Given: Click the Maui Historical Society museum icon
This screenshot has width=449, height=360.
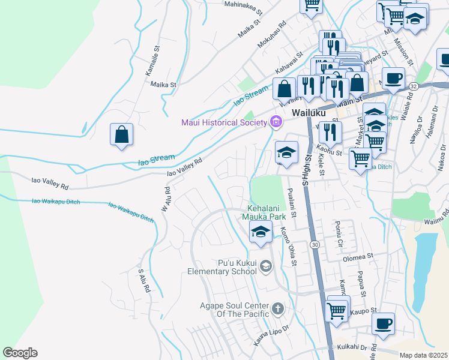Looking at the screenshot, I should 276,123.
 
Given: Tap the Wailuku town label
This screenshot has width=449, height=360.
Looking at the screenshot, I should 308,113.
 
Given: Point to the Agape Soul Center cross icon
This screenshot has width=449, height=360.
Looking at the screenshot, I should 277,309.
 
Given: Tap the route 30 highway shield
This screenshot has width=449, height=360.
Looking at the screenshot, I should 315,245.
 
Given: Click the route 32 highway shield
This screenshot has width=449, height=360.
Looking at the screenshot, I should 414,86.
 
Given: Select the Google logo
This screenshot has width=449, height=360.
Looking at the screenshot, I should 20,353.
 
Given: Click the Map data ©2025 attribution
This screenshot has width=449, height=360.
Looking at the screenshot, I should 423,355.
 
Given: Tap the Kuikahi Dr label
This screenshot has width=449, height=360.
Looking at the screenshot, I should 352,347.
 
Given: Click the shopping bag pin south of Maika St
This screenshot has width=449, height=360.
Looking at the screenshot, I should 121,134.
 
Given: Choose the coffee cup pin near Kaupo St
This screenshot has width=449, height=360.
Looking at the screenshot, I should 383,324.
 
